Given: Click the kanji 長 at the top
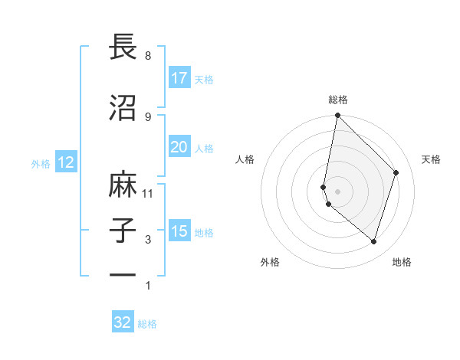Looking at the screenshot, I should point(123,47).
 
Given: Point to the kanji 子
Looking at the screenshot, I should point(123,231).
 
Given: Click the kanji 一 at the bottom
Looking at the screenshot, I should point(123,275).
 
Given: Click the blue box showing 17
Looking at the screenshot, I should point(179,78).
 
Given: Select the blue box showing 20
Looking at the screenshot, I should point(179,147).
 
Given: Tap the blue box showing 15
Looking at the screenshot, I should point(179,231).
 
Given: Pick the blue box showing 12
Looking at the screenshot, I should point(65,162).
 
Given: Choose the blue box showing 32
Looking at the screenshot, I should point(123,322).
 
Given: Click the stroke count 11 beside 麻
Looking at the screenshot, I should point(149,193).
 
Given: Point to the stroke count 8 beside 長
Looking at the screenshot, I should point(148,56).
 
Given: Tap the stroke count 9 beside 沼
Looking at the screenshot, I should point(148,116).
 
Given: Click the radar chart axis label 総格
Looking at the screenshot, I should point(338,100).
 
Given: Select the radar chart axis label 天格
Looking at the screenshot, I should point(431,159).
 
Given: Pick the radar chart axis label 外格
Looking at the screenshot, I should point(270,262).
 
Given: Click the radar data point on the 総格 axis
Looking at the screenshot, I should point(337,116).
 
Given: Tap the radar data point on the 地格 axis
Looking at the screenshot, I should point(373,242).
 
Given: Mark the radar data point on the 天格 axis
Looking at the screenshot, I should point(396,172).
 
